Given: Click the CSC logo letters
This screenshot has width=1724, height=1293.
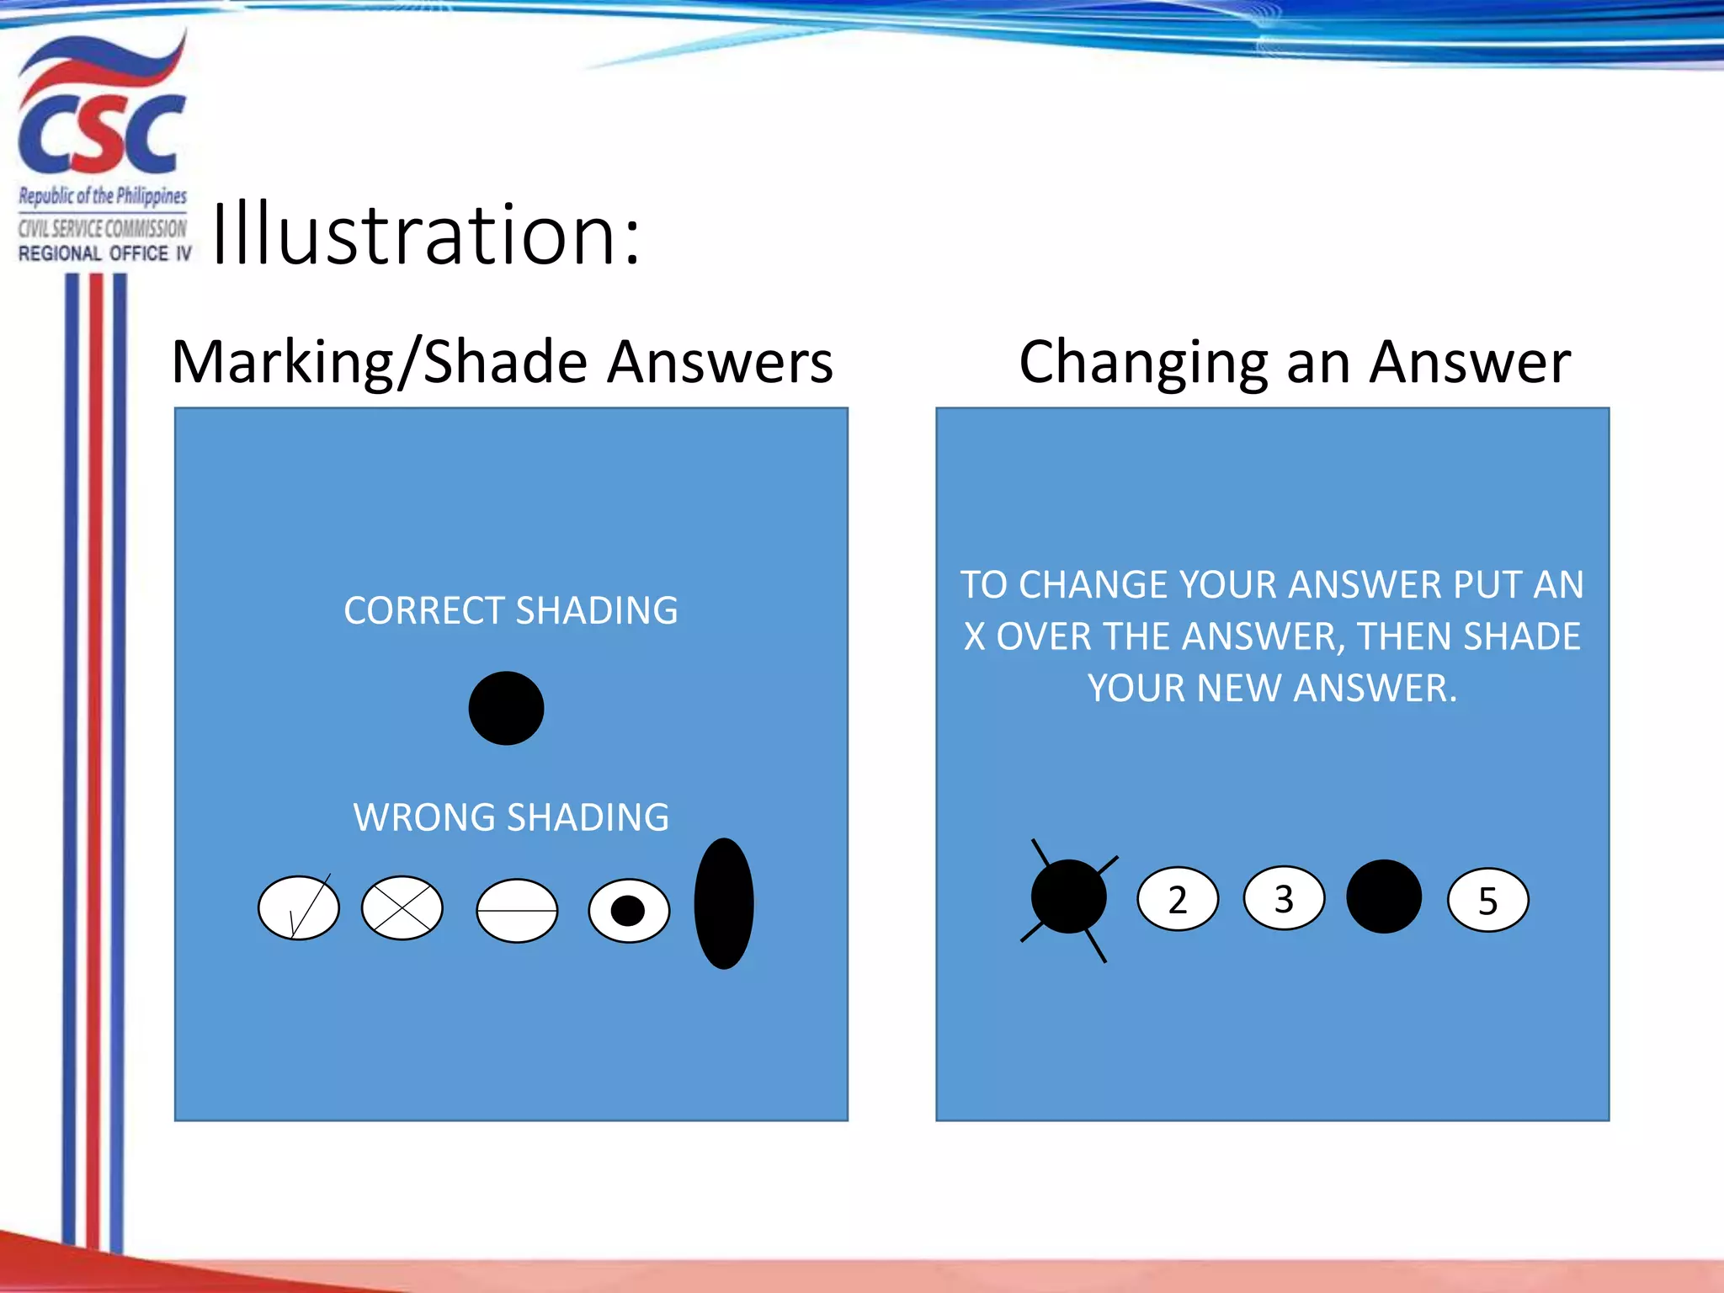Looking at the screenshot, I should pyautogui.click(x=101, y=135).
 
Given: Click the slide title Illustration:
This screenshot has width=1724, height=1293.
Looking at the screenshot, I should pyautogui.click(x=426, y=235).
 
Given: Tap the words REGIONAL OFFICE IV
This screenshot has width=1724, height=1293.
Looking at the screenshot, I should pyautogui.click(x=104, y=253).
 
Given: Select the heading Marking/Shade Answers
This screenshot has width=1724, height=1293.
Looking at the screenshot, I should pyautogui.click(x=502, y=362).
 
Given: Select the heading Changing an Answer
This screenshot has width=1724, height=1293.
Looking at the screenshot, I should pyautogui.click(x=1295, y=362).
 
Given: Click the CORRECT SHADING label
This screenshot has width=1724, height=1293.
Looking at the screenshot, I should pyautogui.click(x=510, y=610).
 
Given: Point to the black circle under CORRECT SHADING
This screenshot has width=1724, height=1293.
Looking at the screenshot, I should pyautogui.click(x=506, y=708).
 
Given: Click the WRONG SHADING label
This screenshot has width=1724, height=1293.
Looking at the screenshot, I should pyautogui.click(x=511, y=817).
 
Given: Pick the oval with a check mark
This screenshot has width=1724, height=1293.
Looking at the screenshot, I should pyautogui.click(x=299, y=907).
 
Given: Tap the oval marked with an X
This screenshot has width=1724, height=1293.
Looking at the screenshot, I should pyautogui.click(x=402, y=907).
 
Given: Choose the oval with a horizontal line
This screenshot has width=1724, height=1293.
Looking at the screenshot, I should pyautogui.click(x=517, y=911).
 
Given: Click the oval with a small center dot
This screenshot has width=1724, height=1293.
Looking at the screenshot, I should pyautogui.click(x=629, y=911).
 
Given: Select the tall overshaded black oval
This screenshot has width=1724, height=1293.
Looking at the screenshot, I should pyautogui.click(x=724, y=903).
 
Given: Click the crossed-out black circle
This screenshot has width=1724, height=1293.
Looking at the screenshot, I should pyautogui.click(x=1068, y=897).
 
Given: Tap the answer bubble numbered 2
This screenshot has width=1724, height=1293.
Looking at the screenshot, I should pyautogui.click(x=1178, y=899).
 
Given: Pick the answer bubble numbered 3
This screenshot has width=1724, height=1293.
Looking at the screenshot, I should pyautogui.click(x=1284, y=898).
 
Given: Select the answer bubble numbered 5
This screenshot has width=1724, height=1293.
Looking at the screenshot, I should pyautogui.click(x=1487, y=901).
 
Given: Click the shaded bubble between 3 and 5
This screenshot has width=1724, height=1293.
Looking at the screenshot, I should pyautogui.click(x=1384, y=897).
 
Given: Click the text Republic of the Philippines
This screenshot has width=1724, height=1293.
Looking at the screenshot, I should pyautogui.click(x=103, y=196).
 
